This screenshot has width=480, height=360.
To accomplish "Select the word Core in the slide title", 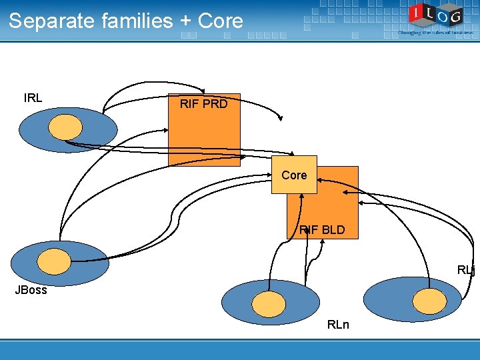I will click(221, 21).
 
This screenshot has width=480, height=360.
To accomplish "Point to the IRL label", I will click(33, 98).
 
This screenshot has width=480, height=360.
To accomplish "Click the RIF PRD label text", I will click(203, 104).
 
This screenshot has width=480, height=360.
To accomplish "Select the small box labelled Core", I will click(294, 175).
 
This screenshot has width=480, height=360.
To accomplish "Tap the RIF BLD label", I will click(322, 230).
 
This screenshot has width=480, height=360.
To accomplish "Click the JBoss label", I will click(31, 290).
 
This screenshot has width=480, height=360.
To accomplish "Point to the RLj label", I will click(466, 270).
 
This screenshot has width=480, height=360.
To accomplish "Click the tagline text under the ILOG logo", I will click(436, 32).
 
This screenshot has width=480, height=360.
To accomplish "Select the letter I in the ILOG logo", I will click(416, 11).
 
